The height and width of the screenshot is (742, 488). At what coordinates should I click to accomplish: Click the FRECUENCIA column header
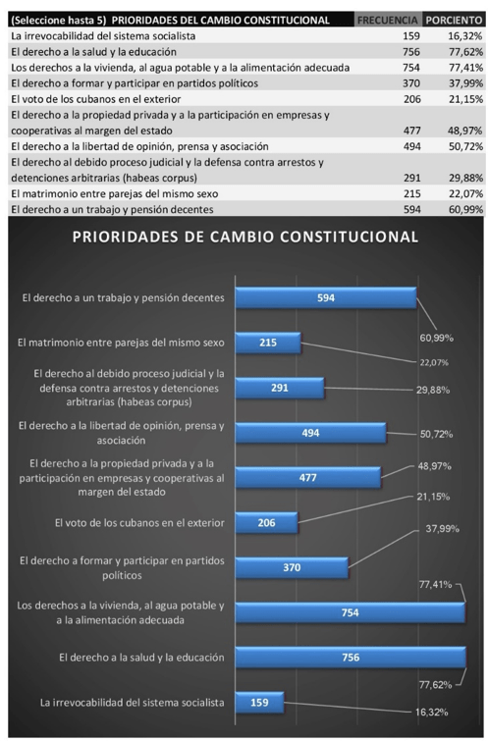coord(387,21)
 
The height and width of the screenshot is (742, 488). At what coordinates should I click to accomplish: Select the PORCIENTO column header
coord(454,21)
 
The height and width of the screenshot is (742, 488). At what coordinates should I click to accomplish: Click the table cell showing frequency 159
coord(411,36)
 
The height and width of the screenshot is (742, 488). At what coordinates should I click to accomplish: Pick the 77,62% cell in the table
coord(465,52)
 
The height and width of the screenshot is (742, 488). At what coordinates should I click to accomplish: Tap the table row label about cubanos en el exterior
coord(96,99)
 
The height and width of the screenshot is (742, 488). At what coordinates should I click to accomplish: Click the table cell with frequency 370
coord(411,83)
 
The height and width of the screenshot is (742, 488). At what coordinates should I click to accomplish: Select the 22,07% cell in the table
coord(465,193)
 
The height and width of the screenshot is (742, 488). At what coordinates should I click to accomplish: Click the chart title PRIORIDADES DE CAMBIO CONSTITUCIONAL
coord(245,237)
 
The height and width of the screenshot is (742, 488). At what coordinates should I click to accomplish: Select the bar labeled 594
coord(326,297)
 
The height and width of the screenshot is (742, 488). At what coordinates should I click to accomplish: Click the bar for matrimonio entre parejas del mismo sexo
coord(268,343)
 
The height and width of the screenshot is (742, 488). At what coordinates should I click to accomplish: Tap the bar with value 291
coord(280,388)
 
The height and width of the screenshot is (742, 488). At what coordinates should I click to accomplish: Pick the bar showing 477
coord(308,477)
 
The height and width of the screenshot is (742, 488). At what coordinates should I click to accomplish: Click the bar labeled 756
coord(351,658)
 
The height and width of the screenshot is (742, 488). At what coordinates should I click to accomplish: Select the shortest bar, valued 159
coord(260,703)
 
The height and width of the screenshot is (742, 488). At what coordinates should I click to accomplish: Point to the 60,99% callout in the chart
coord(436,338)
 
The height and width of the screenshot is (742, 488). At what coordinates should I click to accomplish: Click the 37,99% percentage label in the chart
coord(442,529)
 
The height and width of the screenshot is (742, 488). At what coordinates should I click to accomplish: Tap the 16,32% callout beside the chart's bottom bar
coord(432,713)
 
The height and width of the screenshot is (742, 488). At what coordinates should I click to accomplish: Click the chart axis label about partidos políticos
coord(122,568)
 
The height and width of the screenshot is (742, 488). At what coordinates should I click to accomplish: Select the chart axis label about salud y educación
coord(141,658)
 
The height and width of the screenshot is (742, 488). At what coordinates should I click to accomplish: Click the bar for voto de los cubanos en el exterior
coord(267,522)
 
